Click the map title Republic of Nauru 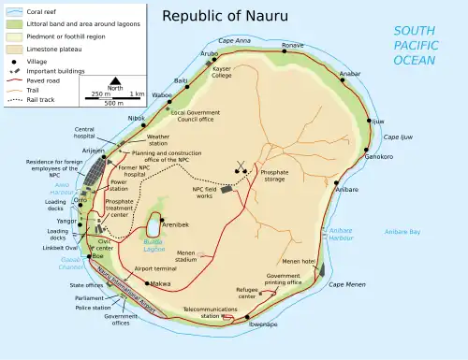click(x=233, y=16)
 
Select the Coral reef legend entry click(x=44, y=11)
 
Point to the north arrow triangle click(x=116, y=81)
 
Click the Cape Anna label click(x=234, y=41)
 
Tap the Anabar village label click(x=349, y=73)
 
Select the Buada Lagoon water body click(x=154, y=227)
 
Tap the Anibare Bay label click(x=402, y=231)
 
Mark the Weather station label click(x=157, y=139)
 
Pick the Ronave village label click(x=292, y=45)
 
